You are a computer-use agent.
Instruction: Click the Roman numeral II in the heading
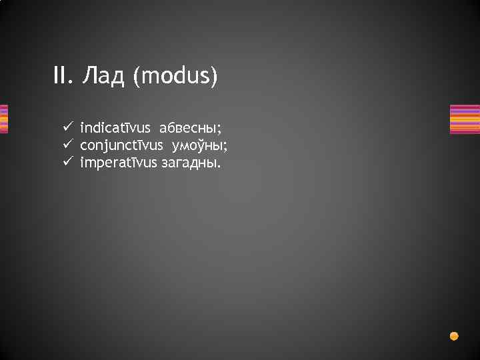coord(61,77)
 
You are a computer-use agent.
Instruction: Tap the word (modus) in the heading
coord(175,77)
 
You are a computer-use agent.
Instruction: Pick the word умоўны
coord(201,145)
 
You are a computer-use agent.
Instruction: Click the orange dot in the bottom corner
coord(454,336)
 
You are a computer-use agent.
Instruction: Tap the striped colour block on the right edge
coord(465,119)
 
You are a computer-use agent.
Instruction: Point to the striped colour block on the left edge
coord(3,119)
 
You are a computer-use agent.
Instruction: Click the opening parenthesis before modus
coord(136,77)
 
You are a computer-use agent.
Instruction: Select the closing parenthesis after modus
coord(214,77)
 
